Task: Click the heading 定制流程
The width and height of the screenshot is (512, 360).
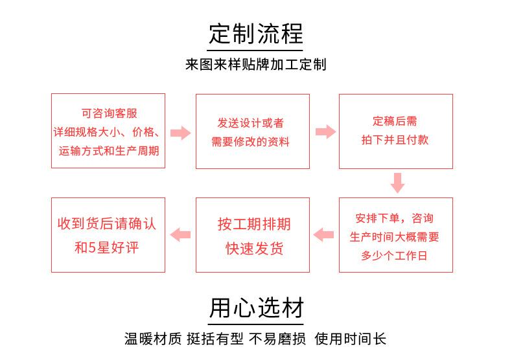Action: [x=255, y=34]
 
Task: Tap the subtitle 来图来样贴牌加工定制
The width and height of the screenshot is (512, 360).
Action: [x=255, y=64]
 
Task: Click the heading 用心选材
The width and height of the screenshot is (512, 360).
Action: [x=256, y=308]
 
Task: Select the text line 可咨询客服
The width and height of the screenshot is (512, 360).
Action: [x=109, y=113]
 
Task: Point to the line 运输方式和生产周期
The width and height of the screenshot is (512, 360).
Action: [x=109, y=151]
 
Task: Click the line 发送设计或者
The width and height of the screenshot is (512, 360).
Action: [x=250, y=123]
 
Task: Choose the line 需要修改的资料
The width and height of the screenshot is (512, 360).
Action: [x=250, y=142]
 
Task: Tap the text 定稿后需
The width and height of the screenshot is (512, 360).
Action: [x=395, y=121]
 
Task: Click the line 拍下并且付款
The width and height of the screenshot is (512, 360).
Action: [x=395, y=140]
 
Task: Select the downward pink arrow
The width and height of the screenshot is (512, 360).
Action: [x=397, y=183]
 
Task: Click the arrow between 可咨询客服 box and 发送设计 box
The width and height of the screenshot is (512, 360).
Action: [x=181, y=133]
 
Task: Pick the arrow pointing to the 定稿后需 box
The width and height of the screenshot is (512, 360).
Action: [x=325, y=131]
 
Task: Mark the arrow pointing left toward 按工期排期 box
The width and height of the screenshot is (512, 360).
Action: [x=323, y=235]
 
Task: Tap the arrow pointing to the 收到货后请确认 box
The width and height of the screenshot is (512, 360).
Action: [x=180, y=235]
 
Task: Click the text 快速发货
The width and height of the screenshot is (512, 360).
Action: [x=254, y=248]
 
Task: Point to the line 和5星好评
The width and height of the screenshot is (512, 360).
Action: [x=106, y=247]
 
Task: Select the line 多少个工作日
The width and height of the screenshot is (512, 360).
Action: [x=394, y=256]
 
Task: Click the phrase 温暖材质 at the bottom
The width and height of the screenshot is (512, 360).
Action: [x=152, y=339]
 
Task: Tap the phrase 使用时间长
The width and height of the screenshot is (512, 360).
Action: [x=351, y=339]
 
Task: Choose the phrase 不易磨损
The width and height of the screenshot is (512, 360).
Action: [x=277, y=339]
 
